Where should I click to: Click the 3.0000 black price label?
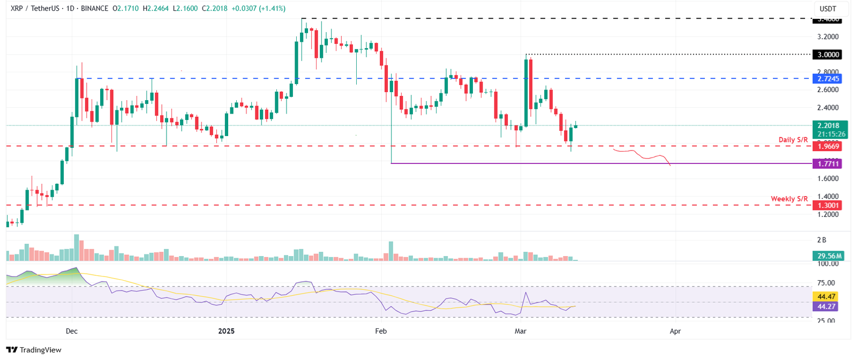click(827, 55)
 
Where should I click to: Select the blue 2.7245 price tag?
click(827, 79)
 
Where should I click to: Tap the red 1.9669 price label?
click(827, 146)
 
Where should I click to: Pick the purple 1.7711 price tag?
click(827, 163)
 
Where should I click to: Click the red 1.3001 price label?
click(827, 205)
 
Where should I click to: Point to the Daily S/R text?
click(793, 140)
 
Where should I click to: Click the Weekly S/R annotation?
click(789, 199)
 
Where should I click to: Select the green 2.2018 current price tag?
click(828, 126)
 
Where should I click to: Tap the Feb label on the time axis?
click(381, 331)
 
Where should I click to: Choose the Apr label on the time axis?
click(675, 331)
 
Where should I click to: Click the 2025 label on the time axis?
click(227, 331)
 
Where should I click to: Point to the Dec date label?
click(72, 331)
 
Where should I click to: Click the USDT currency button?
click(828, 9)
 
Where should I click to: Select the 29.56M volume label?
click(828, 256)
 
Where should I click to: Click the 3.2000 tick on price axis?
click(828, 37)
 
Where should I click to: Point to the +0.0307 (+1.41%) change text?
click(259, 9)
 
